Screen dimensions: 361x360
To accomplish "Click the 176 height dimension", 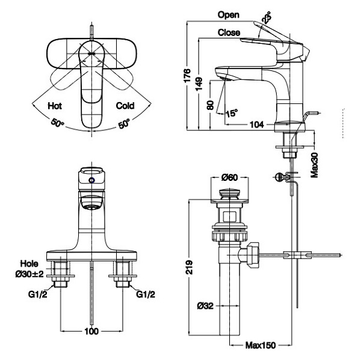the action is (188, 75).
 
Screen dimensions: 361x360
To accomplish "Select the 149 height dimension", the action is (199, 84).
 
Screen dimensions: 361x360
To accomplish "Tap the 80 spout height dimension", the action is (211, 105).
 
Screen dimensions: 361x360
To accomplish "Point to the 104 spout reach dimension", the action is (257, 124).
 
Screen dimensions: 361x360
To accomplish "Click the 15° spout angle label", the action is (232, 113).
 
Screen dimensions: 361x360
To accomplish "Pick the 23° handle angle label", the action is (267, 17).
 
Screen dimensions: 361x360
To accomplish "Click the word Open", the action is (229, 15).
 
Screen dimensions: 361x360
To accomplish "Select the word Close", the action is (229, 32).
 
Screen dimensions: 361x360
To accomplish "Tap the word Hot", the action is (55, 106).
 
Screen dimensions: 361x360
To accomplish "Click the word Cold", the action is (125, 106).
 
